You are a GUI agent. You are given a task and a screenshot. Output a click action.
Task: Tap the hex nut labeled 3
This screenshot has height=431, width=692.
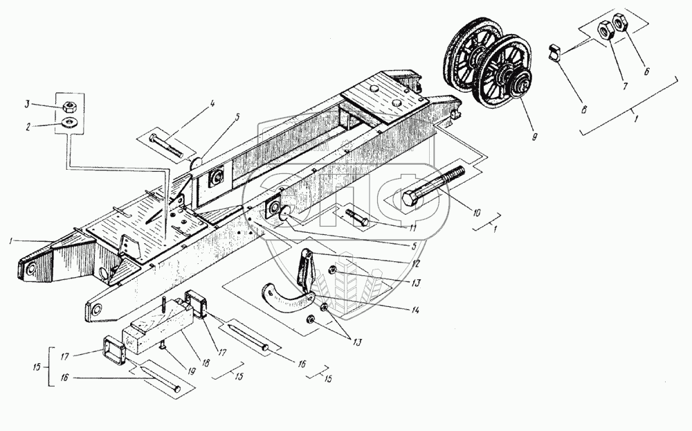point(69,106)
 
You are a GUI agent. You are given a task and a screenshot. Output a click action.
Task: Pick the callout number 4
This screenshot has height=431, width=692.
point(213,105)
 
